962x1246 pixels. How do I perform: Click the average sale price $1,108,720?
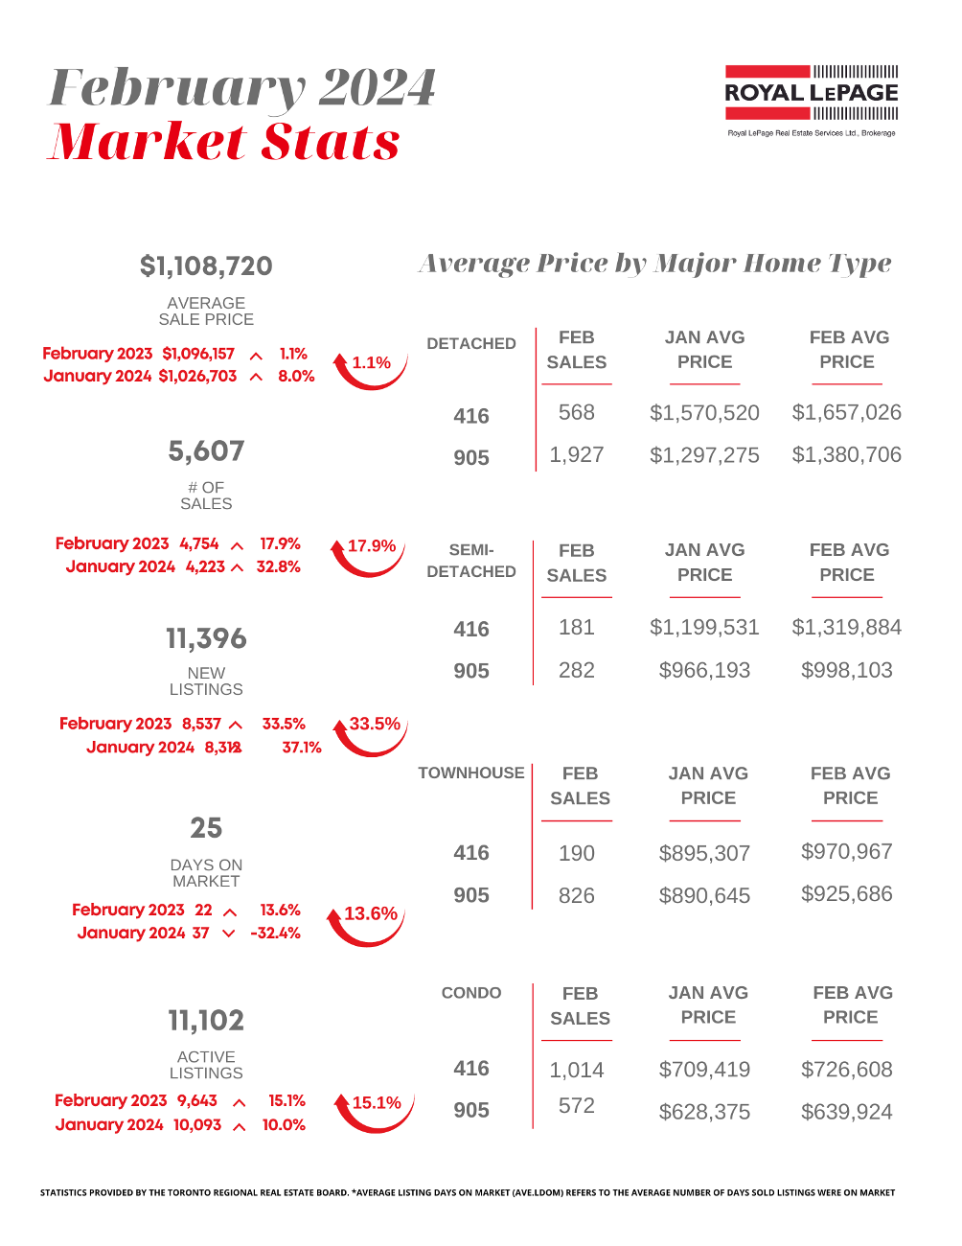(x=206, y=266)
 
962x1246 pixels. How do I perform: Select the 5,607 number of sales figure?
(x=206, y=451)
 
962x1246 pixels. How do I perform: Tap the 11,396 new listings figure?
(x=206, y=639)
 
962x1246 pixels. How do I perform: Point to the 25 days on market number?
(x=206, y=828)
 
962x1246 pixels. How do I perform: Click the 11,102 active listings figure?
(x=206, y=1021)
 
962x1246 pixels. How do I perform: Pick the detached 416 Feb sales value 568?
(x=577, y=413)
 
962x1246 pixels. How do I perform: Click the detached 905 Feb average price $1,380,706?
(x=847, y=455)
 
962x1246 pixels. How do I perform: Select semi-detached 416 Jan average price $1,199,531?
(x=704, y=628)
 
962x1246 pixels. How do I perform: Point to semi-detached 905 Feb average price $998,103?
(x=847, y=671)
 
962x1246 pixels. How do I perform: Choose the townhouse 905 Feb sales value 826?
(x=577, y=896)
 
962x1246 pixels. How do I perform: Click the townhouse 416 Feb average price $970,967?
(x=847, y=852)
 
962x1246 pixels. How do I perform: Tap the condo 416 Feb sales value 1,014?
(x=577, y=1071)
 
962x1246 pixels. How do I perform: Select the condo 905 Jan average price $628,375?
(x=704, y=1113)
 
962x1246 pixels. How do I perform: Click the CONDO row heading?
(x=471, y=993)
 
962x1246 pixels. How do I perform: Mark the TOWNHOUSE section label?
(x=471, y=773)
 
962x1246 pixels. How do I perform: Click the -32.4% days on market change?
(x=275, y=934)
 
